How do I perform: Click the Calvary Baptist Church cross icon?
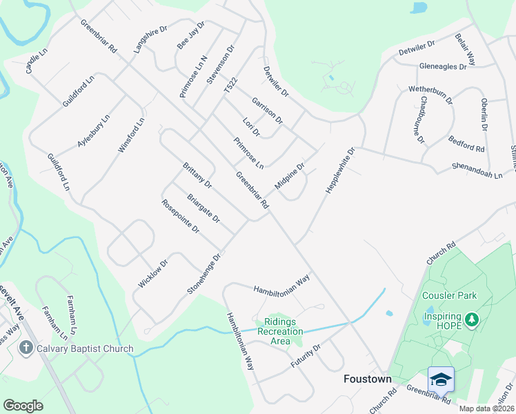[x=26, y=348]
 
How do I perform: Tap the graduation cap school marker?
[x=441, y=379]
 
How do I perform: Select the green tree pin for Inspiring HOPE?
[x=472, y=319]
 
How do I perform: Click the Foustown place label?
[x=368, y=379]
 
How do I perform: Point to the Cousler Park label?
[x=449, y=295]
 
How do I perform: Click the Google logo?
[x=23, y=406]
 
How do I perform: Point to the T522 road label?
[x=230, y=87]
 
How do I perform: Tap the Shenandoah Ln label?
[x=477, y=170]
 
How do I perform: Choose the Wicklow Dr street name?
[x=152, y=274]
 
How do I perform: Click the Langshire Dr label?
[x=151, y=41]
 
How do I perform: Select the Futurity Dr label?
[x=306, y=356]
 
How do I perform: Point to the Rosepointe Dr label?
[x=180, y=216]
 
